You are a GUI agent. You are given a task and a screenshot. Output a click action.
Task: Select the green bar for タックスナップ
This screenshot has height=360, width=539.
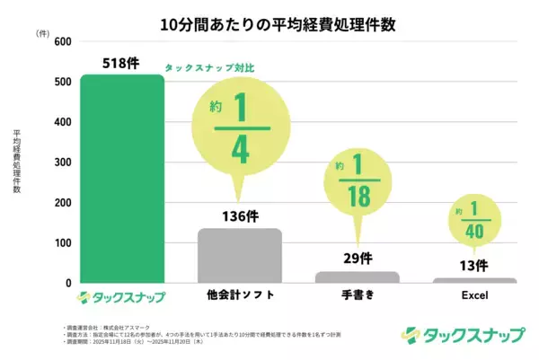121,180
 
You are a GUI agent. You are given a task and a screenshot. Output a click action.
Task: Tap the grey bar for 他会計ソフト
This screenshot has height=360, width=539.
239,256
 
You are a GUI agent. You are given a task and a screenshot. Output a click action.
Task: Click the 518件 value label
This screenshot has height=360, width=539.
121,62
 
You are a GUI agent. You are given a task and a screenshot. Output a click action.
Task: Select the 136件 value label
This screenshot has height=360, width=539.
239,216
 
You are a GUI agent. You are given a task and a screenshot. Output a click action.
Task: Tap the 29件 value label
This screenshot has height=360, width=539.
357,259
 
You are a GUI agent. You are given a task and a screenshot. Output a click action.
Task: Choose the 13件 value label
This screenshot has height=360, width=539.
473,266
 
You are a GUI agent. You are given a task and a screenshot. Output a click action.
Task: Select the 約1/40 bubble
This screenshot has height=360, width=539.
473,219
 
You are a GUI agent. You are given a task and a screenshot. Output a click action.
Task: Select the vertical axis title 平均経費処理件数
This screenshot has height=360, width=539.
17,162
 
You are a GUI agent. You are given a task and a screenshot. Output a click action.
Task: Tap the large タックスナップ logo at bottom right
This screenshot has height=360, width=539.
464,334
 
